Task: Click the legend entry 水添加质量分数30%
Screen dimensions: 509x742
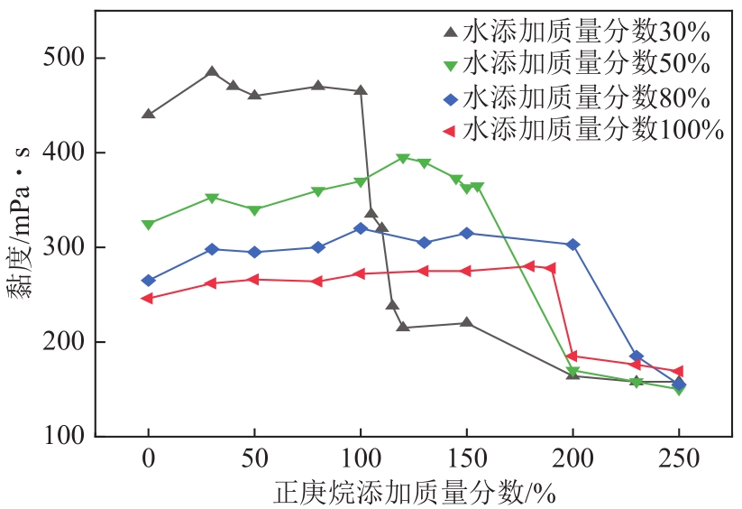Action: tap(577, 32)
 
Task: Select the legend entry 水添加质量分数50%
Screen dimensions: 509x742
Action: tap(577, 64)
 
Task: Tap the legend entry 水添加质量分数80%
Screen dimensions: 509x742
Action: tap(577, 97)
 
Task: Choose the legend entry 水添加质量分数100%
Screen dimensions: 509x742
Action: tap(584, 129)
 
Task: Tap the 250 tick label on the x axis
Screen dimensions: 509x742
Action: tap(679, 458)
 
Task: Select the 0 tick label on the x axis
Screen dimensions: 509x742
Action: tap(149, 458)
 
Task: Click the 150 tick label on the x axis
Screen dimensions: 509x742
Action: tap(467, 458)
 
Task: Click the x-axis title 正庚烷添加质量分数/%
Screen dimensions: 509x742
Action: tap(414, 493)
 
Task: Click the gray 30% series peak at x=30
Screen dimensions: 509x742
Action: tap(212, 72)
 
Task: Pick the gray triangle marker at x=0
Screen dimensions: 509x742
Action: tap(149, 115)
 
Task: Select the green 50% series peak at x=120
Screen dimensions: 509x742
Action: tap(403, 158)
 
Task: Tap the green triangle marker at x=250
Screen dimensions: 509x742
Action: tap(679, 390)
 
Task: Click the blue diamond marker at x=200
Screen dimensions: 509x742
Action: tap(573, 245)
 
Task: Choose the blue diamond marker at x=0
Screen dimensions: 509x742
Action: tap(149, 281)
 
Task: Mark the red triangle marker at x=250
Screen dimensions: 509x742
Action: tap(678, 371)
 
